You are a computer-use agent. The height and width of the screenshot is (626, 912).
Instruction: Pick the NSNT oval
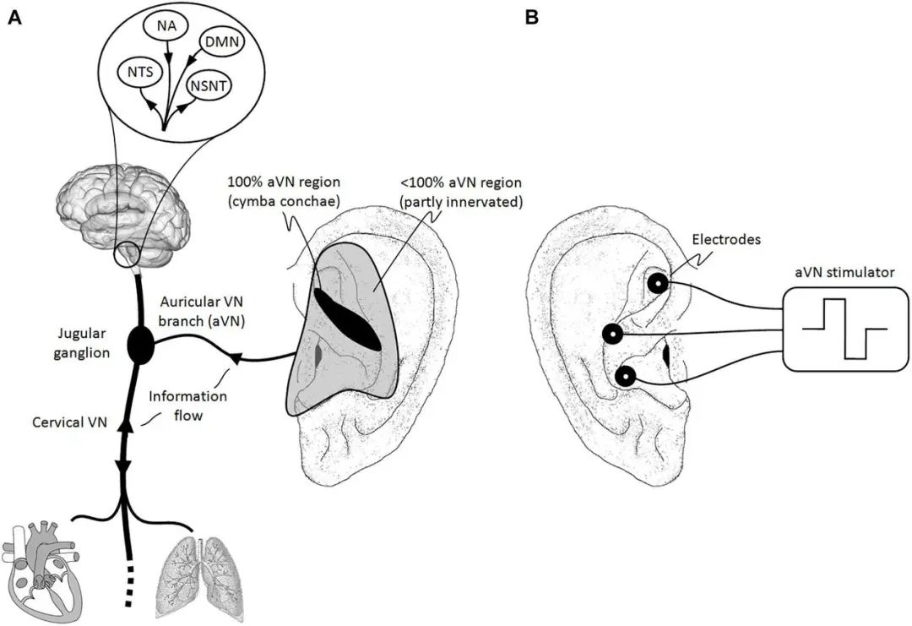coord(210,84)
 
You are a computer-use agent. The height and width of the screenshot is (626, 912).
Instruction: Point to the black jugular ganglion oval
coord(141,345)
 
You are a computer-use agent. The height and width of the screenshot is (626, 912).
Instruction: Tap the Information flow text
coord(176,406)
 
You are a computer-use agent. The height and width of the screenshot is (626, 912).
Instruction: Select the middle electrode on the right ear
coord(613,334)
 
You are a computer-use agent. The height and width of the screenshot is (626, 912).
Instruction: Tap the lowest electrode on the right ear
coord(626,376)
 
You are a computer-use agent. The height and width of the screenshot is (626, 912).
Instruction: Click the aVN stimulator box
coord(845,329)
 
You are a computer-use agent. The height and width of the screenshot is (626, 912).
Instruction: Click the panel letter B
coord(531,17)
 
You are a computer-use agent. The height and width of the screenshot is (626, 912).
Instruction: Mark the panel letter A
coord(14,17)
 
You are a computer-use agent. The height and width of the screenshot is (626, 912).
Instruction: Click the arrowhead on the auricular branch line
coord(234,359)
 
